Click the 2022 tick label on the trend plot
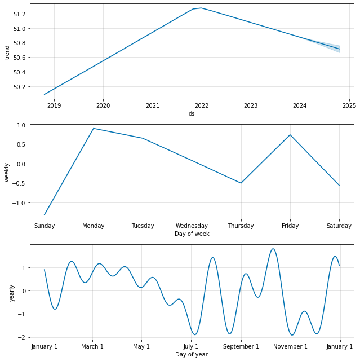pos(202,105)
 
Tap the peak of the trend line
pos(201,8)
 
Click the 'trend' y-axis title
pos(7,51)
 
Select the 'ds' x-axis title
pos(192,113)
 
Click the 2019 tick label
pos(54,105)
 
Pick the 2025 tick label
pos(349,105)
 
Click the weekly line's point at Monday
pos(94,129)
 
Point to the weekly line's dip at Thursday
pos(241,183)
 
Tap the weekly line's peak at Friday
pos(290,135)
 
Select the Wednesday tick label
pos(192,226)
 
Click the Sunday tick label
pos(45,226)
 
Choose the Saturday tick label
pos(339,226)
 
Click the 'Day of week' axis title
pos(192,234)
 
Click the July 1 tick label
pos(191,346)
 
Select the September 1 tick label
pos(241,346)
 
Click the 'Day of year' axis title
pos(192,354)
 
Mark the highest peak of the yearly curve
pos(273,249)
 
